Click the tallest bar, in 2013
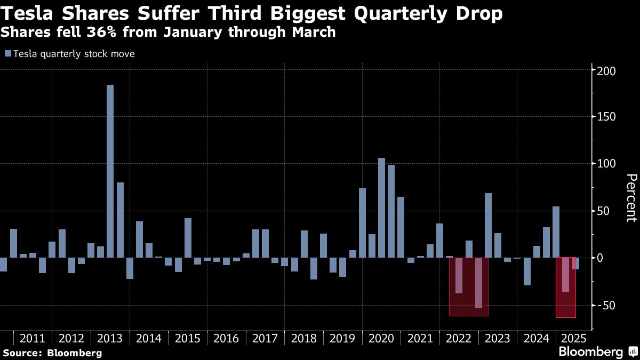[110, 171]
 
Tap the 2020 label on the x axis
[381, 338]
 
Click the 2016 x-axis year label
[226, 338]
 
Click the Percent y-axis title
[630, 197]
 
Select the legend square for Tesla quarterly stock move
[7, 54]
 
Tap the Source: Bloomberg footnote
[52, 353]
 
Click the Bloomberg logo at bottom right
[590, 352]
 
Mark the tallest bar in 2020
[382, 208]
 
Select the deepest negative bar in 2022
[478, 283]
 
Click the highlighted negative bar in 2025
[566, 275]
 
